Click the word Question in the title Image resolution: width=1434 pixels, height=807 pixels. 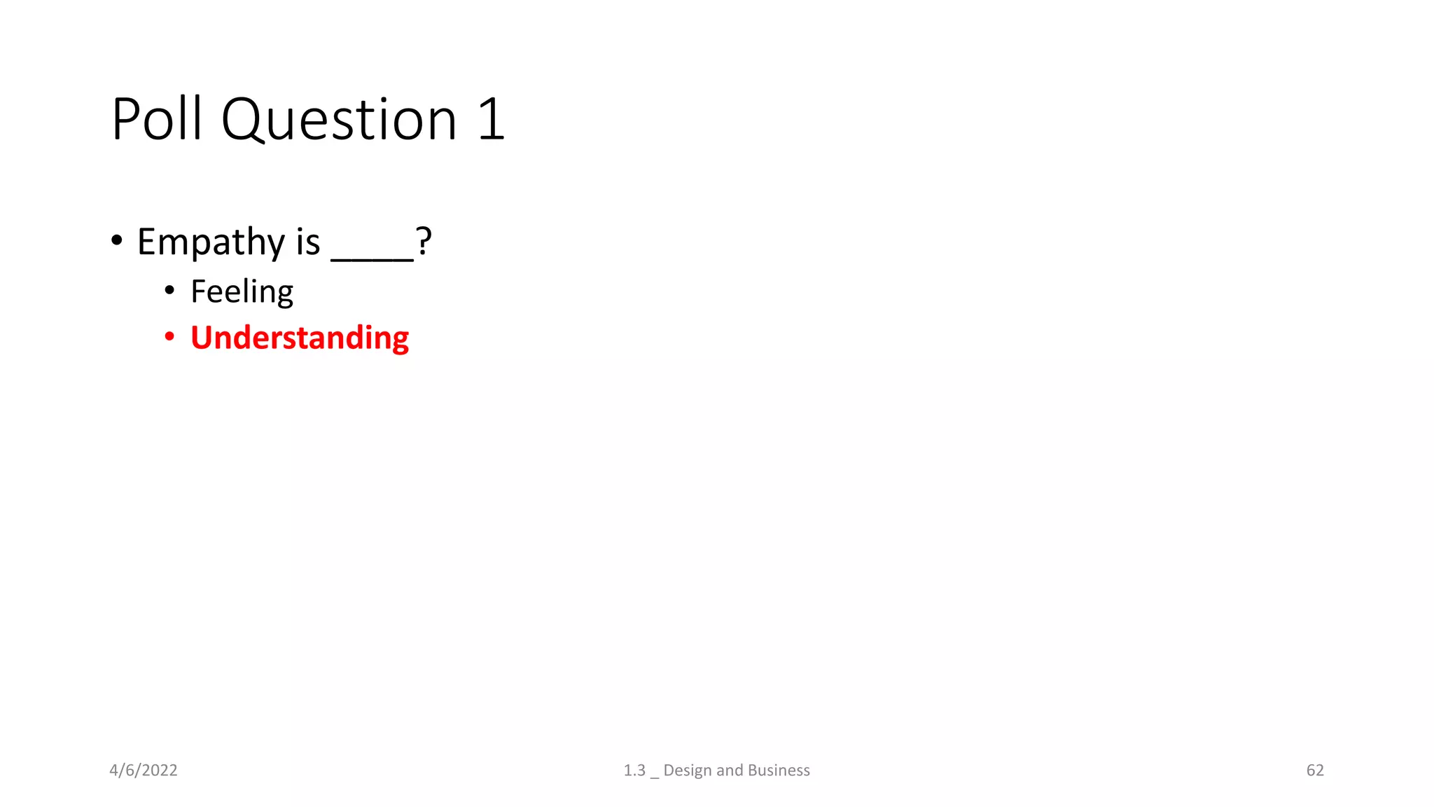[x=339, y=119]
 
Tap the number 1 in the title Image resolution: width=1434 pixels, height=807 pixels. [x=492, y=119]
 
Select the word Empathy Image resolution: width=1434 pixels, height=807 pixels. [x=211, y=242]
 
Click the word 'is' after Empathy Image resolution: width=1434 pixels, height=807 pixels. [x=308, y=242]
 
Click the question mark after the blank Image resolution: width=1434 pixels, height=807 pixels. [x=424, y=241]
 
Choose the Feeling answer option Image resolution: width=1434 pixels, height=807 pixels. [x=242, y=291]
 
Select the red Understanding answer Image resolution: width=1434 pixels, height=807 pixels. [x=300, y=338]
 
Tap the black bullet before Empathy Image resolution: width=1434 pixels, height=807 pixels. [x=117, y=241]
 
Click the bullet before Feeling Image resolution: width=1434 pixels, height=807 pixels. [x=169, y=290]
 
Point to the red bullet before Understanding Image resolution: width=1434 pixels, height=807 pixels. [x=169, y=337]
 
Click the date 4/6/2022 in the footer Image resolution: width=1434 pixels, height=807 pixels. [x=144, y=771]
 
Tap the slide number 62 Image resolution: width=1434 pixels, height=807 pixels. [x=1315, y=771]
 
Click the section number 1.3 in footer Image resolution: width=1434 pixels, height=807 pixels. [x=634, y=771]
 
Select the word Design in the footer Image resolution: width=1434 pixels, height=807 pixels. [x=688, y=771]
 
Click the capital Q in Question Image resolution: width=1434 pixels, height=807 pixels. [x=241, y=120]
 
